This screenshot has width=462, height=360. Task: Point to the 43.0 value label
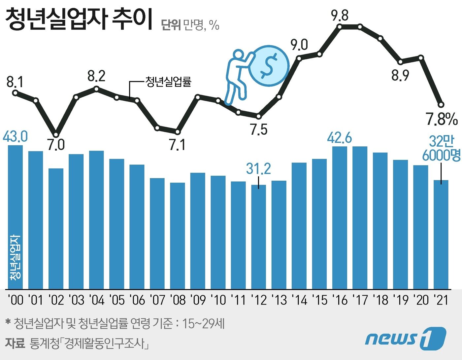point(15,137)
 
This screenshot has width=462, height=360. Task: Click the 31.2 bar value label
point(258,169)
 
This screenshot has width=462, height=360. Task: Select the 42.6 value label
point(340,138)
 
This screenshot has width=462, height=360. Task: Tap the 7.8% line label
point(442,119)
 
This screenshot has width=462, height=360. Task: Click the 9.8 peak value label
point(340,16)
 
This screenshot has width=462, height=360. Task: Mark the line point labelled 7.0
point(56,134)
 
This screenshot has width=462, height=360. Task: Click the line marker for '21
point(441,105)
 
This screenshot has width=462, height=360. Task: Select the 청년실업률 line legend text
point(168,82)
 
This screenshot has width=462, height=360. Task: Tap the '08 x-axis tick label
point(178,300)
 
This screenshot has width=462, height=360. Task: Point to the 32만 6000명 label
point(441,148)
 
